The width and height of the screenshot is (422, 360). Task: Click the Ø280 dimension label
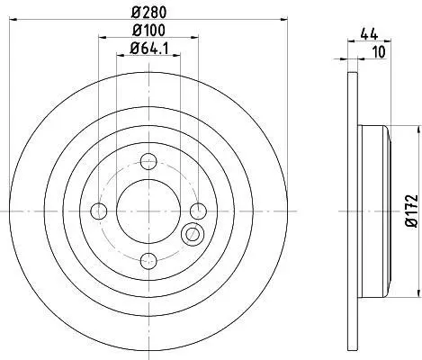(x=148, y=13)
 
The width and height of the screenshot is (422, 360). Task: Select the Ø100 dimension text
(x=148, y=30)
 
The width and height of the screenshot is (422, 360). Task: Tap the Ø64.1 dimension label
(x=149, y=49)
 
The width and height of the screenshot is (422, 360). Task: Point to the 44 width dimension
(x=369, y=34)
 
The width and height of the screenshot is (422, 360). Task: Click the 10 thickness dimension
(x=380, y=52)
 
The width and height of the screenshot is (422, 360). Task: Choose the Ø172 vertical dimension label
(x=411, y=211)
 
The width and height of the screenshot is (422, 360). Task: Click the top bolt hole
(x=148, y=161)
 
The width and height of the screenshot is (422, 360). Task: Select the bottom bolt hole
(x=148, y=261)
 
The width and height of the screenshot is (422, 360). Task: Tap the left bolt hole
(x=99, y=211)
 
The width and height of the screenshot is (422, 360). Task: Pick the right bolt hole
(x=199, y=211)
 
